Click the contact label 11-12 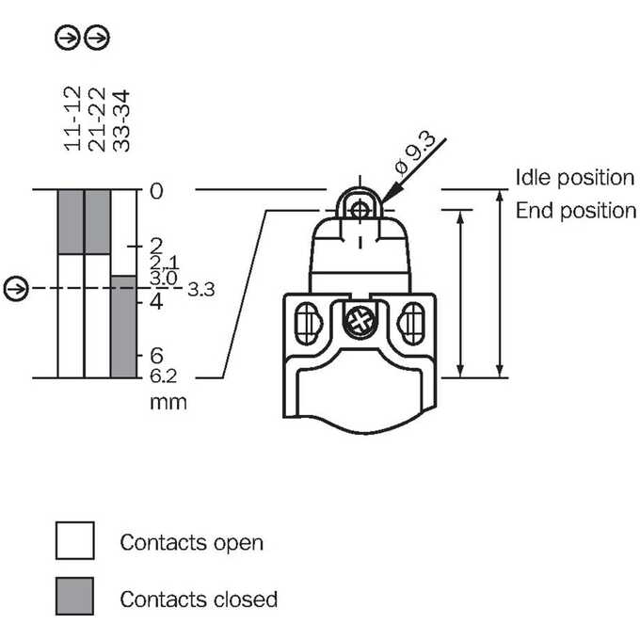pyautogui.click(x=72, y=119)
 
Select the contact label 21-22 pyautogui.click(x=97, y=120)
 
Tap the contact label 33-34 pyautogui.click(x=120, y=120)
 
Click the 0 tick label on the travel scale pyautogui.click(x=156, y=191)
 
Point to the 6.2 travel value pyautogui.click(x=163, y=376)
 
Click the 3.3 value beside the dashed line pyautogui.click(x=200, y=289)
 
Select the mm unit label pyautogui.click(x=168, y=402)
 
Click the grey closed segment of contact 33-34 pyautogui.click(x=123, y=327)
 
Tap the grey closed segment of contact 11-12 pyautogui.click(x=71, y=222)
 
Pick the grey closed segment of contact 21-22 pyautogui.click(x=97, y=222)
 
